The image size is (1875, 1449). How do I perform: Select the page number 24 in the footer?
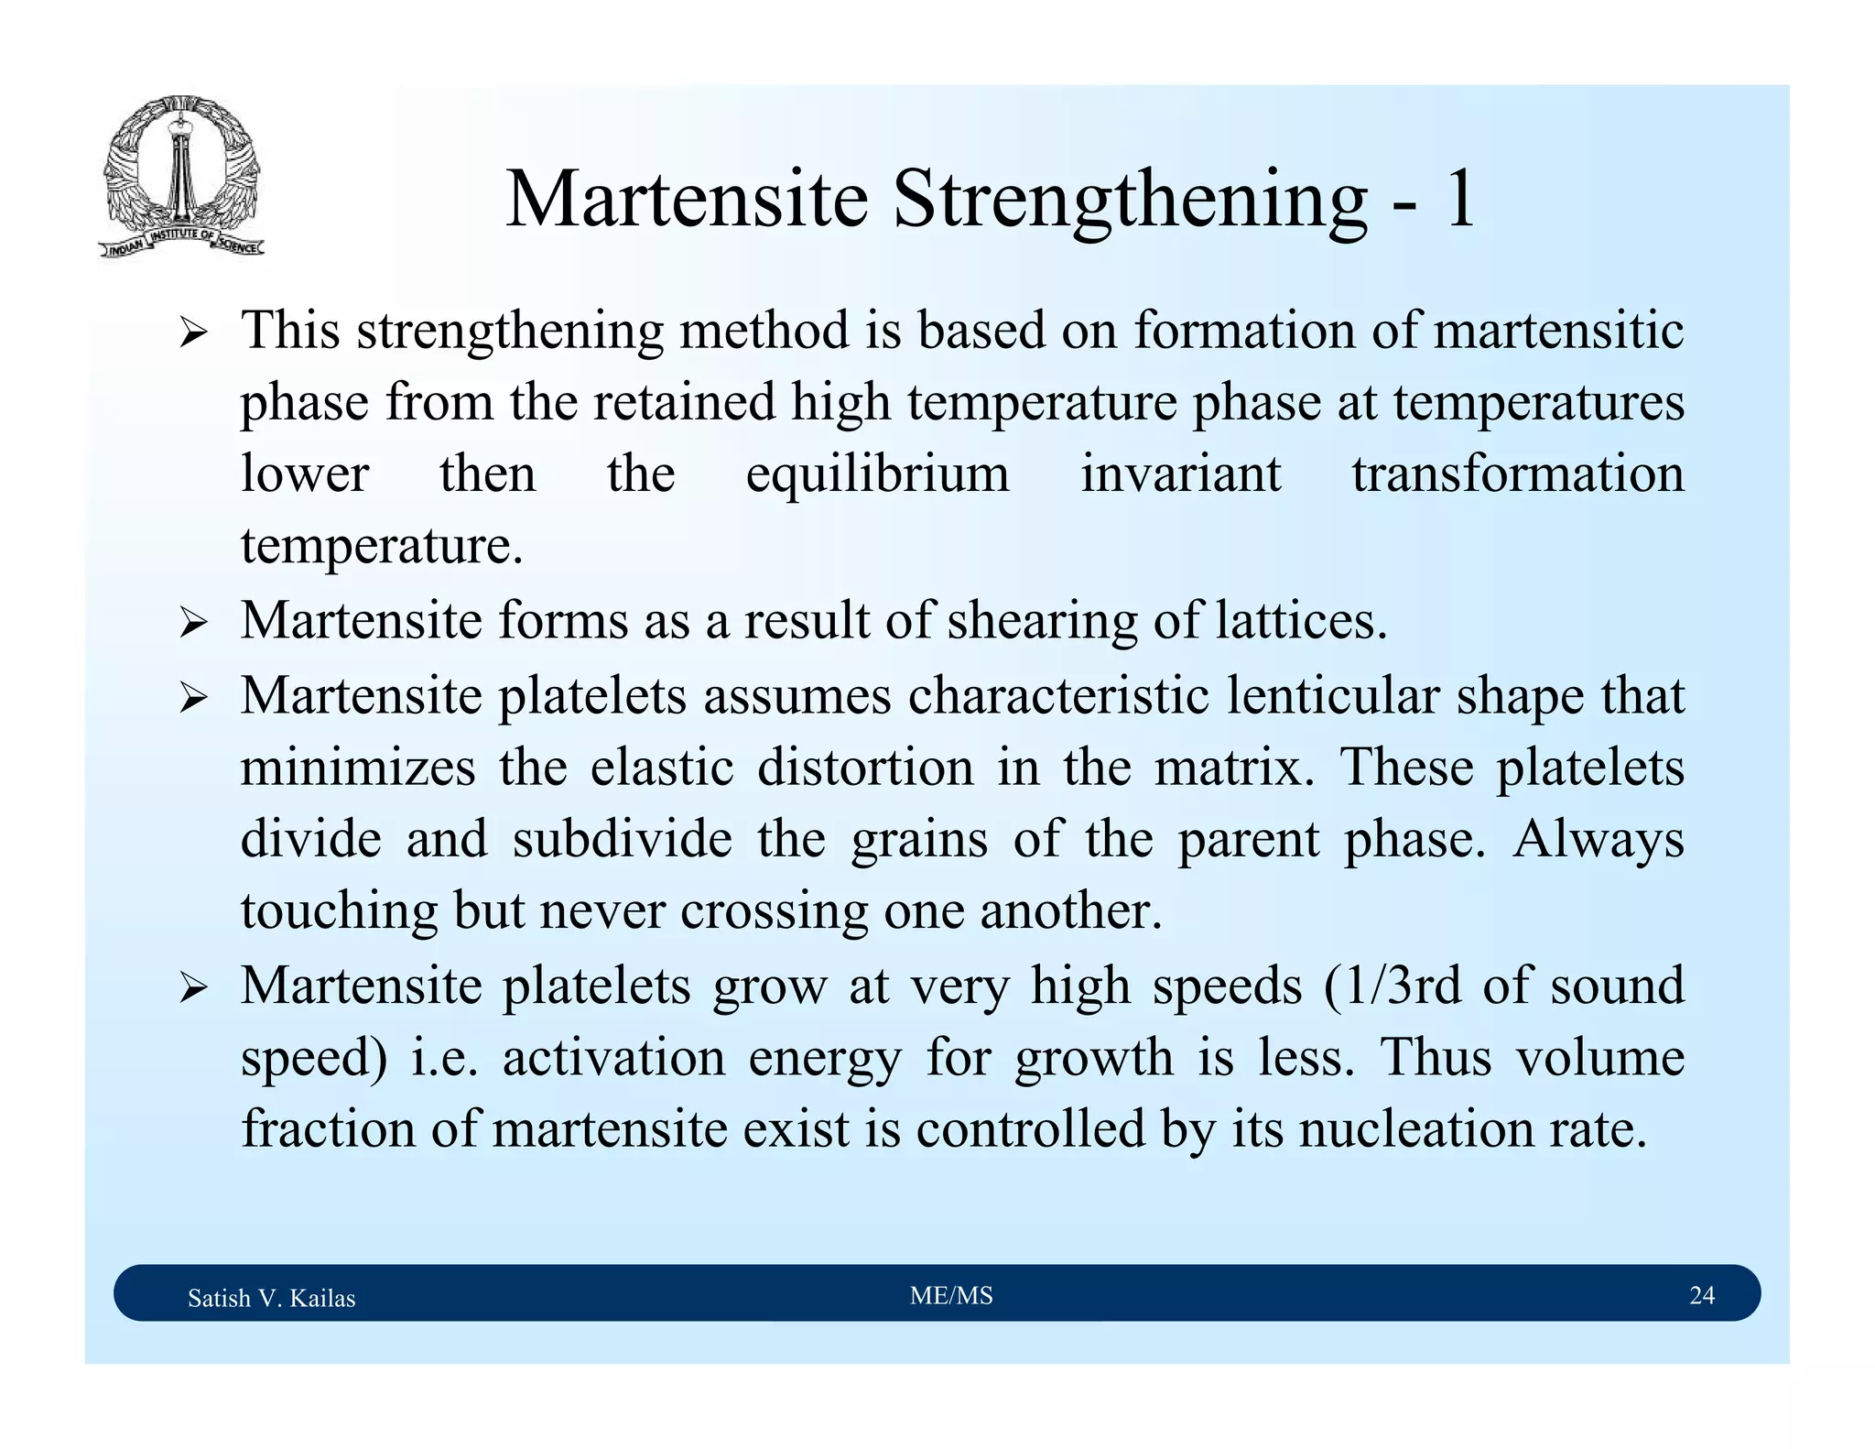click(1701, 1295)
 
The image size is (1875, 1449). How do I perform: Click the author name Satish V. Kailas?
click(271, 1298)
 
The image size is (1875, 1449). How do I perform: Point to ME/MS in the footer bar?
click(951, 1295)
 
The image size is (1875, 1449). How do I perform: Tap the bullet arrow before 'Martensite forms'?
click(193, 625)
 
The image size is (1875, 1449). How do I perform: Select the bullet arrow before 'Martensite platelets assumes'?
click(193, 699)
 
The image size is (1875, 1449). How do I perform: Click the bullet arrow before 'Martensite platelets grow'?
click(193, 988)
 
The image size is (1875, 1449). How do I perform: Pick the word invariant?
click(1180, 474)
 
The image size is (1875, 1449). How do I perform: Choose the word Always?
click(1598, 841)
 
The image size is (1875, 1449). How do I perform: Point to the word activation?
click(613, 1057)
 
